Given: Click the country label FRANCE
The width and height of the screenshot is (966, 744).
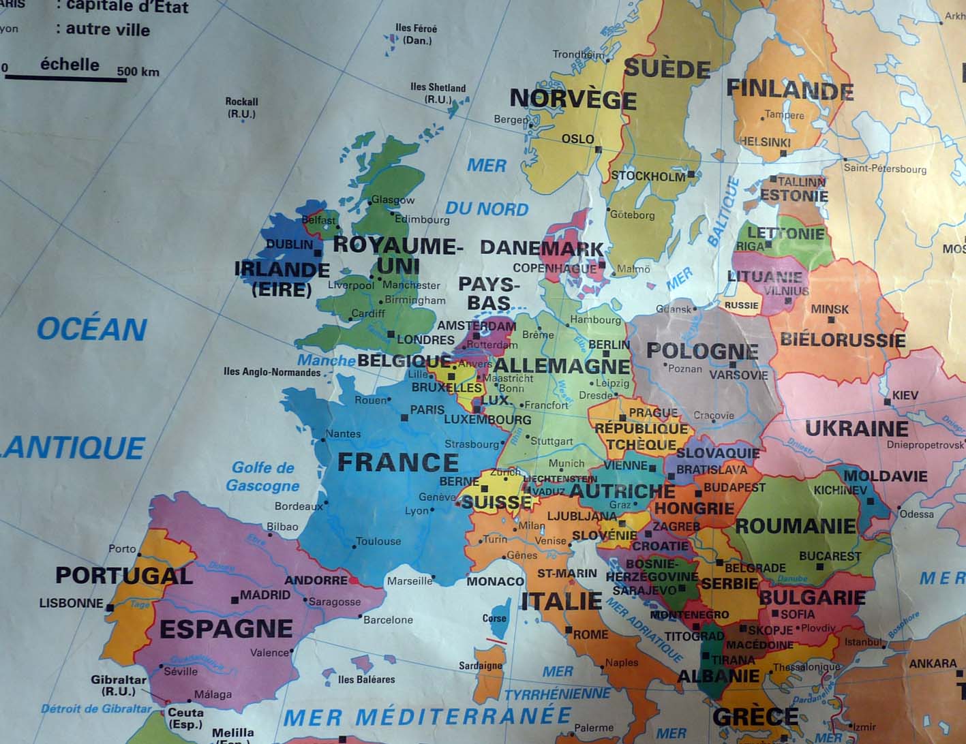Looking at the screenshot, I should tap(398, 463).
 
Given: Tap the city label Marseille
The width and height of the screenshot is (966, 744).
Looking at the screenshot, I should tap(410, 581).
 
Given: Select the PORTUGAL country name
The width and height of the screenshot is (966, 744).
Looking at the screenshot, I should tap(124, 576).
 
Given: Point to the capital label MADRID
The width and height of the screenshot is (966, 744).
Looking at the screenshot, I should tap(265, 595).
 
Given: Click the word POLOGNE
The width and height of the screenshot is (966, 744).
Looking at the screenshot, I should tap(702, 351).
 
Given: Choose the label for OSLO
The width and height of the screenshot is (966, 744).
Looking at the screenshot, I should tap(578, 139).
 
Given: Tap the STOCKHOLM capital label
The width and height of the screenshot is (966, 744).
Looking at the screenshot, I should tap(648, 176).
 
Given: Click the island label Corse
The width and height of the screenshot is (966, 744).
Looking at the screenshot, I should tap(494, 619).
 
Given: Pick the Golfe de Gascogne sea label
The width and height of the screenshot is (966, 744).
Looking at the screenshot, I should tap(262, 476).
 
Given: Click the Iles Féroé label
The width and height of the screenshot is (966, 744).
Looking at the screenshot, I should tap(416, 34).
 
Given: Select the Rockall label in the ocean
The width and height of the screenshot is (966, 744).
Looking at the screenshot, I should tap(241, 108).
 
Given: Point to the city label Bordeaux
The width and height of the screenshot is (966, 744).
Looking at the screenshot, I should tap(299, 506).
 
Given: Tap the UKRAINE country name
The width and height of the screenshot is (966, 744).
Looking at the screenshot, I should tap(857, 429).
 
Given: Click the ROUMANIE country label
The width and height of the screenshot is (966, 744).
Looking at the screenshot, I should tap(796, 526).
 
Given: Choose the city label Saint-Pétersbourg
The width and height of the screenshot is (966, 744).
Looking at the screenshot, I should tap(885, 168).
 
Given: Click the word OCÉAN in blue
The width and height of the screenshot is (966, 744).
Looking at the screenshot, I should tap(92, 329).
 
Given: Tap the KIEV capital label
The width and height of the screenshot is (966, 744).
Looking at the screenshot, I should tap(905, 395).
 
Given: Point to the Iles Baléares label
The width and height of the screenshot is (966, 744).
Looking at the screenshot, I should tap(366, 679).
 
